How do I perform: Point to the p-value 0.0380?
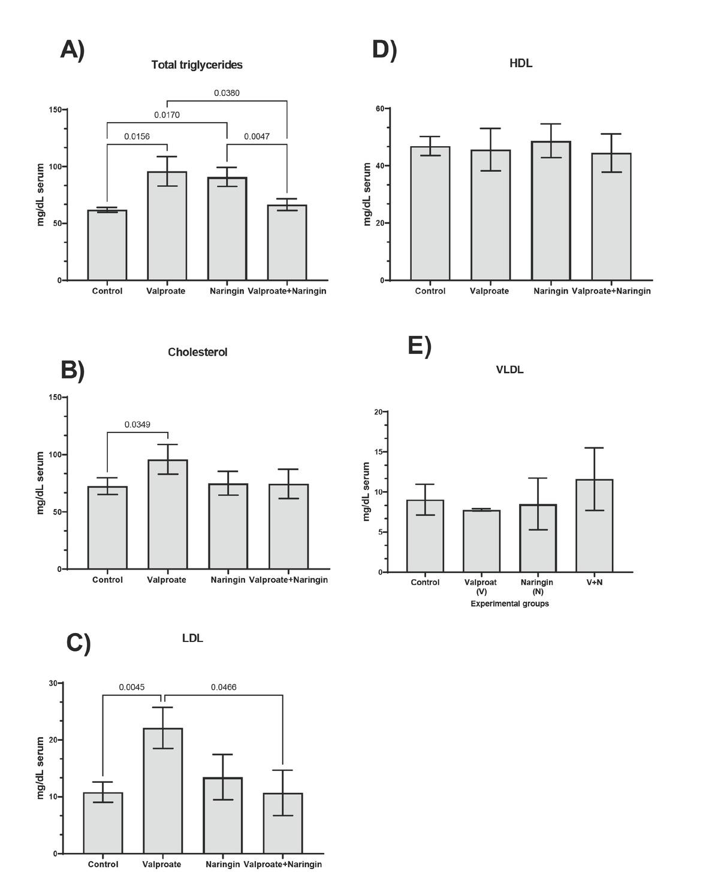pyautogui.click(x=227, y=93)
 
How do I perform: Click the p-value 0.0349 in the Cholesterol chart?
pyautogui.click(x=137, y=425)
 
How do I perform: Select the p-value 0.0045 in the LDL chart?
pyautogui.click(x=131, y=687)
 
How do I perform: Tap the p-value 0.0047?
pyautogui.click(x=257, y=137)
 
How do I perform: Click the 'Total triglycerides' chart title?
pyautogui.click(x=197, y=65)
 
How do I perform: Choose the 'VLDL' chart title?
pyautogui.click(x=509, y=370)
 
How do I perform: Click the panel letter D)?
pyautogui.click(x=384, y=49)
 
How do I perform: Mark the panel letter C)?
pyautogui.click(x=79, y=643)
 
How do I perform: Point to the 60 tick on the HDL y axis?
pyautogui.click(x=379, y=108)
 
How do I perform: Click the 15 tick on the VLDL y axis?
pyautogui.click(x=378, y=452)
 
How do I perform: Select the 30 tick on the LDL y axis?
pyautogui.click(x=53, y=683)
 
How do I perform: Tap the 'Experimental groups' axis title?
pyautogui.click(x=509, y=604)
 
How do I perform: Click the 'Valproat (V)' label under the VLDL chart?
pyautogui.click(x=481, y=586)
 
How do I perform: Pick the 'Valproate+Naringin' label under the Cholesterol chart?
pyautogui.click(x=288, y=580)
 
